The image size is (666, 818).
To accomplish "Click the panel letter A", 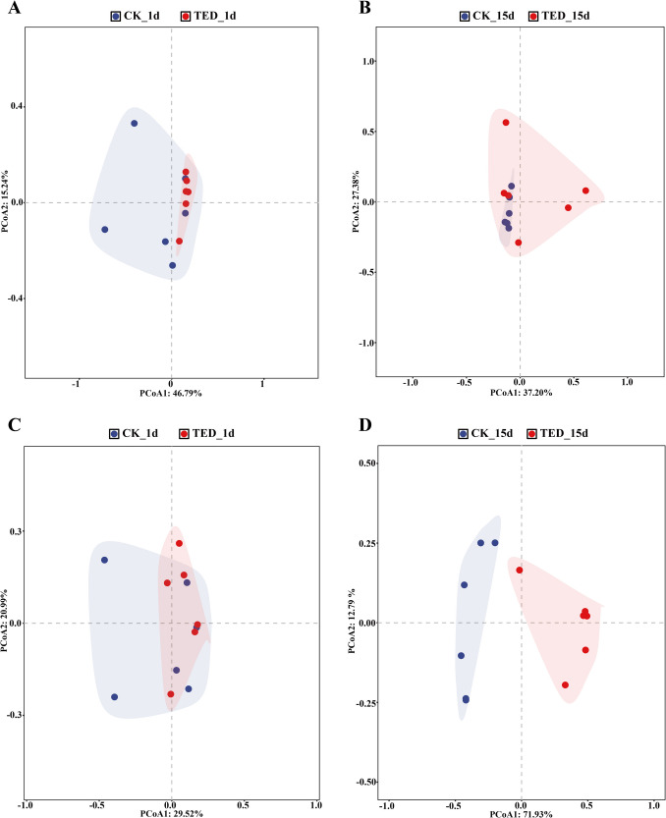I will click(x=8, y=8).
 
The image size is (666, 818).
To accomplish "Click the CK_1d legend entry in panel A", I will click(x=136, y=17).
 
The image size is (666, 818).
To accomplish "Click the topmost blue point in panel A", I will click(x=135, y=124).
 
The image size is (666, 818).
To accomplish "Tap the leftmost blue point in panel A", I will click(x=104, y=230).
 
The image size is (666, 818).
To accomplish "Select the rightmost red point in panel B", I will click(x=585, y=191).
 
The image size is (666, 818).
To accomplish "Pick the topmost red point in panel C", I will click(x=179, y=543).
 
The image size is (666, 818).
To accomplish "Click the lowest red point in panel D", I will click(x=565, y=685).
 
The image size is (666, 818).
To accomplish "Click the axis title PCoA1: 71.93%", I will click(x=521, y=810).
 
